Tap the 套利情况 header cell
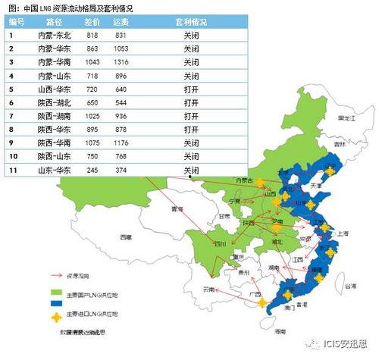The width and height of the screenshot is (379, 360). [x=193, y=22]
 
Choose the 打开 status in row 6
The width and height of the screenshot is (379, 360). [x=193, y=102]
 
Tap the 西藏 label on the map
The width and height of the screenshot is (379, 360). [x=125, y=237]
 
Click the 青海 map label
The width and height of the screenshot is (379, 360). [x=177, y=208]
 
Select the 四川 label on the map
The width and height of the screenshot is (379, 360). [x=220, y=244]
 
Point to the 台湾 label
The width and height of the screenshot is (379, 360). [x=349, y=287]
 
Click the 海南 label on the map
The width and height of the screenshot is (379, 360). [x=280, y=332]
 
